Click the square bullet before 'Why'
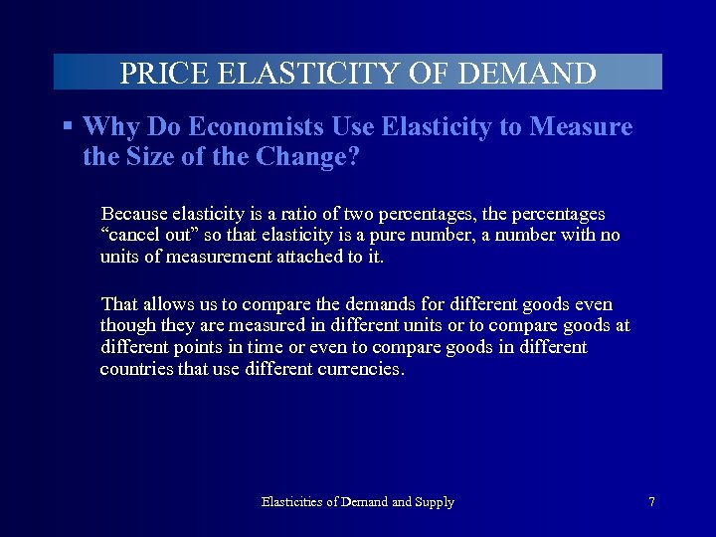[x=68, y=126]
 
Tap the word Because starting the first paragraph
[x=134, y=215]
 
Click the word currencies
[x=360, y=370]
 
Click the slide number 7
[x=651, y=502]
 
